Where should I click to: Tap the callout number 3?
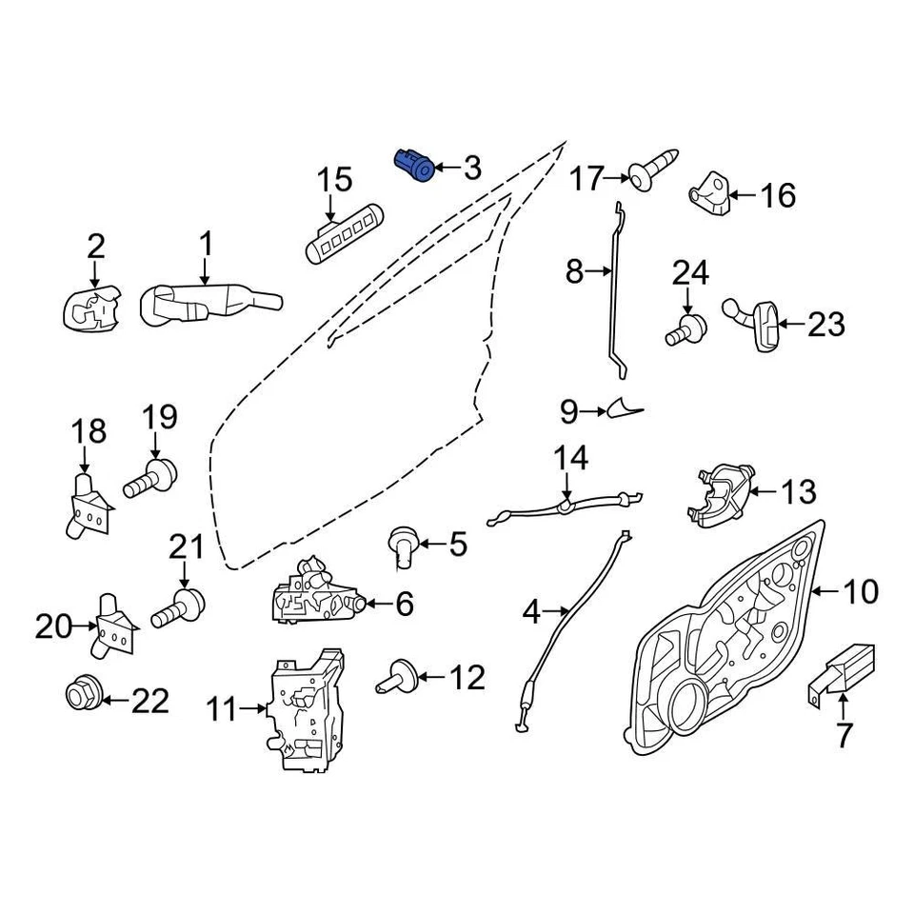472,169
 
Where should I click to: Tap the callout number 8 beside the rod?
573,273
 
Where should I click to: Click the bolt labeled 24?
686,330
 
